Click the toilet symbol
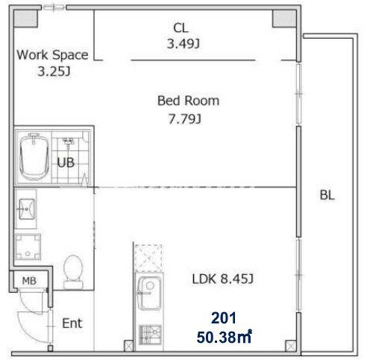click(x=73, y=272)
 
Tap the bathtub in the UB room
click(x=34, y=156)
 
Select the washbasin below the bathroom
click(x=27, y=209)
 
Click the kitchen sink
click(x=149, y=293)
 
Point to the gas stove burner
click(x=150, y=335)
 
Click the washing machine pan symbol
click(x=28, y=246)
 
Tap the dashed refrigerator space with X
click(x=148, y=258)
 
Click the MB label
click(x=29, y=281)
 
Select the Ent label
click(x=72, y=323)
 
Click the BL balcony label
click(x=327, y=195)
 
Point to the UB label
click(x=66, y=162)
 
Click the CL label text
click(x=181, y=28)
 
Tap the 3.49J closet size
click(x=184, y=44)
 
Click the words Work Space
click(x=52, y=55)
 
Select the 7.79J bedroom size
click(x=185, y=119)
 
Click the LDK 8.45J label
click(x=223, y=279)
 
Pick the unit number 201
click(x=224, y=318)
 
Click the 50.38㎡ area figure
click(x=225, y=337)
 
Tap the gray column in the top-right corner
click(x=285, y=19)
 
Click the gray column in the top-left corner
click(x=25, y=19)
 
